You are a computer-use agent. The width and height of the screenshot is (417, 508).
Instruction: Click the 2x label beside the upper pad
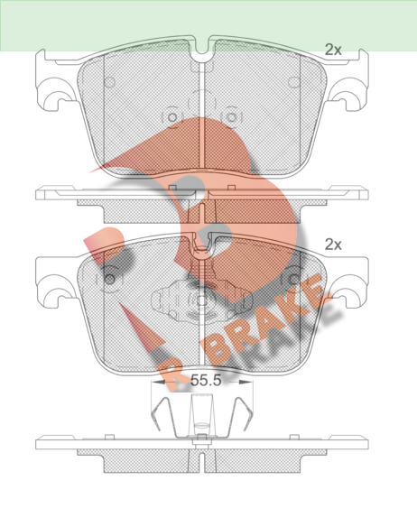(333, 50)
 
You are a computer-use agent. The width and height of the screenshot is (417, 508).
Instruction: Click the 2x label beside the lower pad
(333, 245)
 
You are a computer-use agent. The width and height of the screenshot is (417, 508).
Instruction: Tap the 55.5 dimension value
(206, 381)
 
